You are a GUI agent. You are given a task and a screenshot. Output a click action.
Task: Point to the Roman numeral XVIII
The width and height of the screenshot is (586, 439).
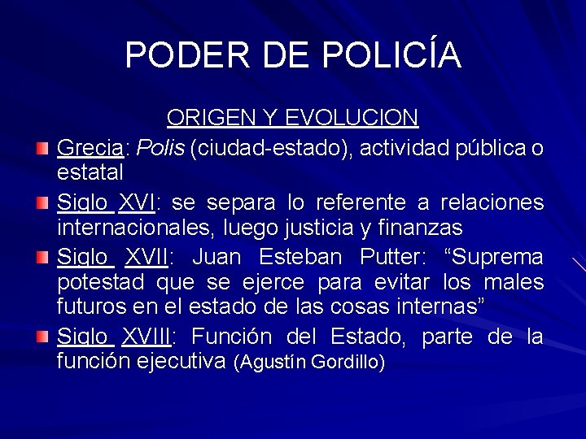coord(152,337)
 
